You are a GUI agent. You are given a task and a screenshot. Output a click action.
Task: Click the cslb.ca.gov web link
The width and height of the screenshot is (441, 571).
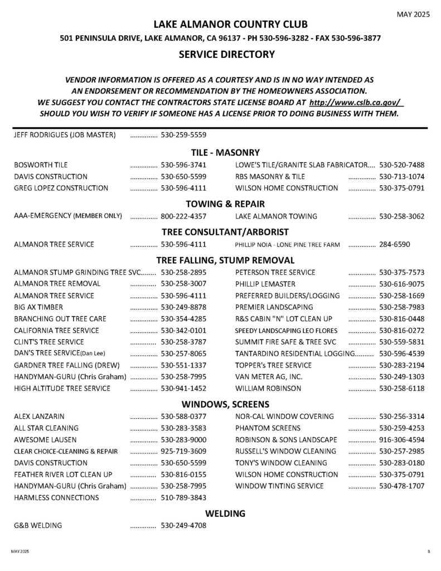point(356,103)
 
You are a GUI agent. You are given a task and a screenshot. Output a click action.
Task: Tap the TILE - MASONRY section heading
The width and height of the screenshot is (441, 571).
point(225,152)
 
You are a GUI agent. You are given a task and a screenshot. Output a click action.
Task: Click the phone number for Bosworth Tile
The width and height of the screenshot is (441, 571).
point(183,165)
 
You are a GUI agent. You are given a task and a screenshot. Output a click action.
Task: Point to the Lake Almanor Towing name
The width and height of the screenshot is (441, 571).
point(276,216)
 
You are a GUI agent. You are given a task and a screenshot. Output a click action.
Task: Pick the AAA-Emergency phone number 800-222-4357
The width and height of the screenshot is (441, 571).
point(183,216)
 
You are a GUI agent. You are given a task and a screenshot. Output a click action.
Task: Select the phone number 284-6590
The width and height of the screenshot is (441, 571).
point(395,244)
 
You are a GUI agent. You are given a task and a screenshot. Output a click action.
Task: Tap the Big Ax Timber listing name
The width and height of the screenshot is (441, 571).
point(38,307)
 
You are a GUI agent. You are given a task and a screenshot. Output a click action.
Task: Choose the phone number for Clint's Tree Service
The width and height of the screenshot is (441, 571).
point(183,342)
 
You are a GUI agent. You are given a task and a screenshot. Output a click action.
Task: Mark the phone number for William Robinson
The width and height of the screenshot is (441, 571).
point(401,389)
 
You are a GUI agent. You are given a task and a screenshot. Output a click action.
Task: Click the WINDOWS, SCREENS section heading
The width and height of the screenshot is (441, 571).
point(225,404)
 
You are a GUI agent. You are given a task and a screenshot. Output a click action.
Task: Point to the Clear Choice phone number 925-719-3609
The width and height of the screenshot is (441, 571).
point(183,451)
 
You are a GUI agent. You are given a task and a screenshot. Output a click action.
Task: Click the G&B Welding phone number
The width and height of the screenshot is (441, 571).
point(183,525)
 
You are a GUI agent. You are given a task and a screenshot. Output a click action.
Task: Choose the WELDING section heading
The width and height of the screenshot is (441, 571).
point(225,513)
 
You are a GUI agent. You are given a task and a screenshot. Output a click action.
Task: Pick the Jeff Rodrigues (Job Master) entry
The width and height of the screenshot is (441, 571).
point(65,135)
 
